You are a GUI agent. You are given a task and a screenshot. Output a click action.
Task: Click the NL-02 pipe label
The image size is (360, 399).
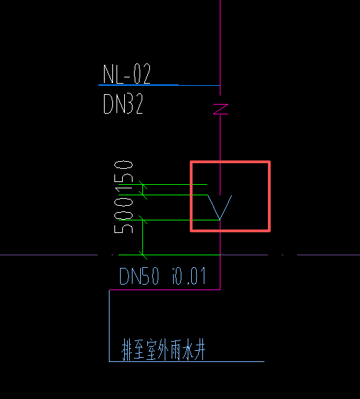click(127, 74)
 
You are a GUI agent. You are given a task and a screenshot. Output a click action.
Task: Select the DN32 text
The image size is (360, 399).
click(123, 105)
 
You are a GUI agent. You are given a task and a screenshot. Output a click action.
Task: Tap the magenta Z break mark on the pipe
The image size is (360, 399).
click(220, 109)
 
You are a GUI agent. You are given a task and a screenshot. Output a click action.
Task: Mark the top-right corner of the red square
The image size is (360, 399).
click(269, 163)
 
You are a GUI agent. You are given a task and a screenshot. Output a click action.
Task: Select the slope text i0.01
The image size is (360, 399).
click(188, 277)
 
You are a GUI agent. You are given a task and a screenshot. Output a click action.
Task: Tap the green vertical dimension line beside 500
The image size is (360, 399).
click(142, 237)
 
